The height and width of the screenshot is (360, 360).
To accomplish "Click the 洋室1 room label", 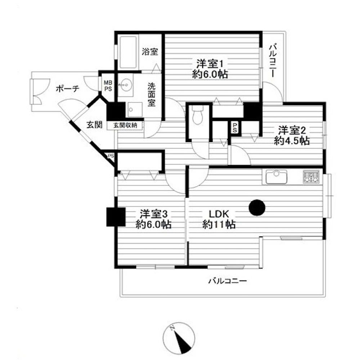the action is click(210, 64).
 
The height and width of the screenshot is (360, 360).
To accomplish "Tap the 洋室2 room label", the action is click(292, 130).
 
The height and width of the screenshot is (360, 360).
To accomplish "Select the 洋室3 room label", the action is click(154, 214).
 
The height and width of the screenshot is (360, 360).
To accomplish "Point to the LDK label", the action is click(219, 214).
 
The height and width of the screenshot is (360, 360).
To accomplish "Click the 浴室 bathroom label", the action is click(150, 51).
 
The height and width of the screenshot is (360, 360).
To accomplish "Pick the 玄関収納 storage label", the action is click(125, 125).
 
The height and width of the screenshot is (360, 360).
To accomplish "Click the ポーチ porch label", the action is click(68, 89).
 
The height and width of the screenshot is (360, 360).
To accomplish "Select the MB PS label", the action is click(108, 86).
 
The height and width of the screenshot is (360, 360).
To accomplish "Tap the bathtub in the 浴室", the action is click(128, 52).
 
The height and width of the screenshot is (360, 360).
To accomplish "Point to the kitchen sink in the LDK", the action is click(276, 177).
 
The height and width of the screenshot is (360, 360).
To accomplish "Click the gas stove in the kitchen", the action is click(311, 176).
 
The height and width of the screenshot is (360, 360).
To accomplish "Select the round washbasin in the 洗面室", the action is click(126, 85).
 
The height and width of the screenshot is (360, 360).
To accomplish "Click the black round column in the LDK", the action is click(257, 208).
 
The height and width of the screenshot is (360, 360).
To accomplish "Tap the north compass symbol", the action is click(179, 338).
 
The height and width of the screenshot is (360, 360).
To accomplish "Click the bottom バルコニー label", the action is click(228, 281).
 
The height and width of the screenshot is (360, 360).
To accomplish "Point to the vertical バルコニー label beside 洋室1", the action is click(273, 61).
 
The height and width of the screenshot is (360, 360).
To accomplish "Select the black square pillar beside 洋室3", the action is click(116, 217).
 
